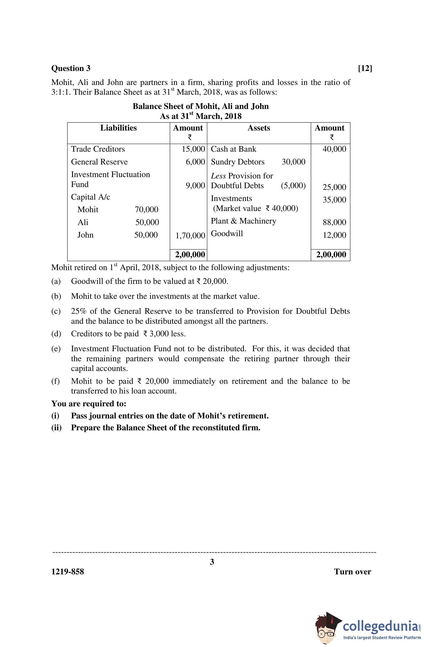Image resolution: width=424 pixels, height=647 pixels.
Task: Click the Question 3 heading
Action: (x=71, y=68)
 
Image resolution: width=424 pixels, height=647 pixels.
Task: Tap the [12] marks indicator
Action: (x=365, y=68)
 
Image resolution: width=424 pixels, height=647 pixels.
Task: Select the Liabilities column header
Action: (x=118, y=128)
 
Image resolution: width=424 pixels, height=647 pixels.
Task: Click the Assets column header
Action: (x=259, y=128)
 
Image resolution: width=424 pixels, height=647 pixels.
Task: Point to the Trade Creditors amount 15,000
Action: (x=193, y=149)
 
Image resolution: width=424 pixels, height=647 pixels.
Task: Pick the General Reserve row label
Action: (x=99, y=162)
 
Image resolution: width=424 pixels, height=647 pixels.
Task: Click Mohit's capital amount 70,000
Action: (x=146, y=209)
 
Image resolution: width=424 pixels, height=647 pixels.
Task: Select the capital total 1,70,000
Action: (x=190, y=235)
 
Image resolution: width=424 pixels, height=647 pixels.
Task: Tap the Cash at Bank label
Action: (x=233, y=149)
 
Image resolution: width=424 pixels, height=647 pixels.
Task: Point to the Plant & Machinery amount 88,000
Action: (x=334, y=222)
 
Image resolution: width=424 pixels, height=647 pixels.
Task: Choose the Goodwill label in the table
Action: (x=227, y=234)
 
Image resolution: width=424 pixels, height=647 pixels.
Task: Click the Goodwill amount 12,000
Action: (x=334, y=235)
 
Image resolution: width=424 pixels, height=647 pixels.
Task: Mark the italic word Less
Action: (x=218, y=176)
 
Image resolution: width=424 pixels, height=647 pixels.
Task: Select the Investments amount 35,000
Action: (x=334, y=200)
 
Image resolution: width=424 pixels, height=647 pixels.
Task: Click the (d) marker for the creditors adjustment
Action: (x=56, y=333)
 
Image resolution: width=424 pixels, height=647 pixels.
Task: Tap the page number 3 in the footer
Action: (x=212, y=562)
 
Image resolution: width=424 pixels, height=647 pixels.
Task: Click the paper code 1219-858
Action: (x=68, y=572)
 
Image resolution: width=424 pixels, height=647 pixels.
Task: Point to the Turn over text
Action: (x=352, y=572)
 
